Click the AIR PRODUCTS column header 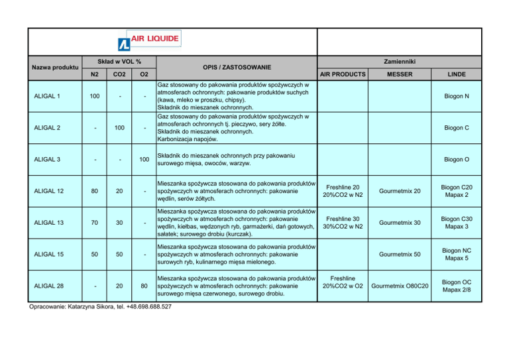[x=343, y=74]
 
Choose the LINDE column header [x=457, y=74]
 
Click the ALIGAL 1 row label [x=46, y=97]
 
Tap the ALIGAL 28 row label [x=47, y=286]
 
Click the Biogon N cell [x=457, y=97]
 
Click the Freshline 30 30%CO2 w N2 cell [x=343, y=223]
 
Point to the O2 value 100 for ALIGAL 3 [x=144, y=160]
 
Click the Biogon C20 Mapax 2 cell [x=457, y=191]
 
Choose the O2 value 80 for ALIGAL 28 [x=144, y=286]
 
